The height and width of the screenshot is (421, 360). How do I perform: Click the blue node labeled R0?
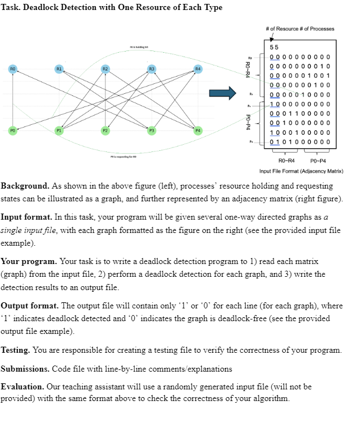[x=12, y=69]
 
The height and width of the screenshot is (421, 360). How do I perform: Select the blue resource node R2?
[x=104, y=69]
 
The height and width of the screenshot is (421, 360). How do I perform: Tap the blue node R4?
[x=196, y=69]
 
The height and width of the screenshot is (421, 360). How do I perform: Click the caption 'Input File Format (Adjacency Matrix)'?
[x=301, y=170]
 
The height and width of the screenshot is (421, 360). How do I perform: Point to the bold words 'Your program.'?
[x=28, y=261]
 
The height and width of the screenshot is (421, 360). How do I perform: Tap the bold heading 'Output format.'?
[x=30, y=305]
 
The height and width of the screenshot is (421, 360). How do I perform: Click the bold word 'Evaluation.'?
[x=24, y=386]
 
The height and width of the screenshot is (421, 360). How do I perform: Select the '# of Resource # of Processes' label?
[x=300, y=29]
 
